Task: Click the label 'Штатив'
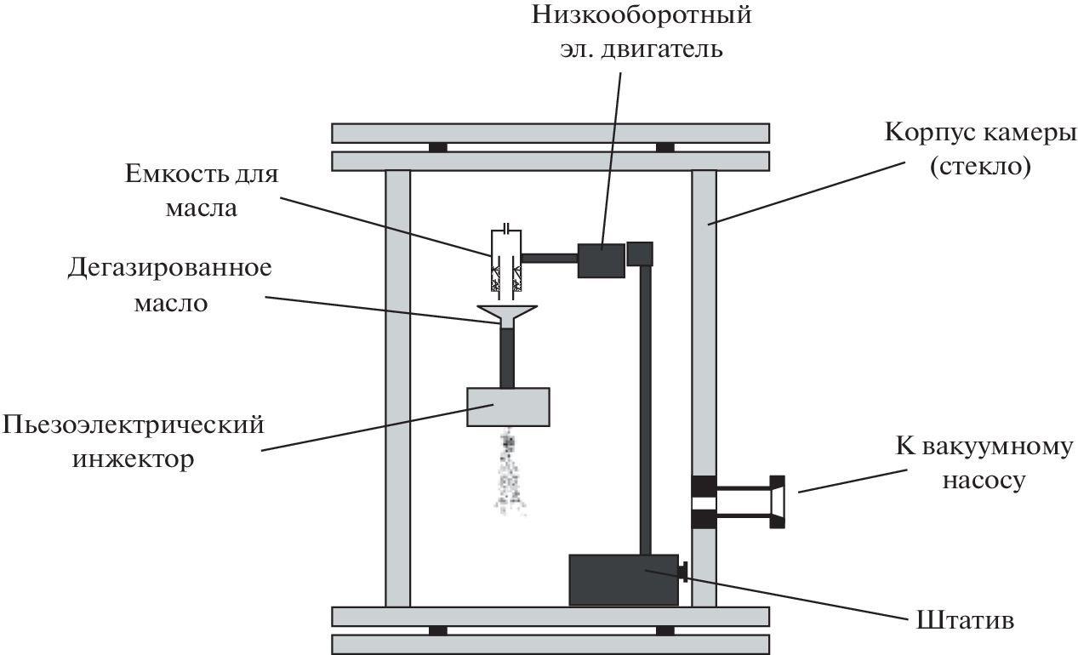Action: click(x=966, y=618)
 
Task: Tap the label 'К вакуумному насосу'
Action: click(x=984, y=464)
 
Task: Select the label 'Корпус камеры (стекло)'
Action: click(x=981, y=150)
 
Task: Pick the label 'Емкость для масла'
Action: click(x=200, y=191)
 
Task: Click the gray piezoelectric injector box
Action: click(x=508, y=407)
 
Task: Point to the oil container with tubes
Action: click(x=506, y=259)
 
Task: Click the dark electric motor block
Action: click(x=601, y=259)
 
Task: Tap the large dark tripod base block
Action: click(x=623, y=579)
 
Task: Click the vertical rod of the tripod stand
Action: click(x=646, y=408)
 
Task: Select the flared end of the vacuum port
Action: click(x=777, y=502)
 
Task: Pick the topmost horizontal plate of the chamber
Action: click(x=550, y=133)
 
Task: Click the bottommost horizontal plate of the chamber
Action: click(x=550, y=644)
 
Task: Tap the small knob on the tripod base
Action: click(x=682, y=572)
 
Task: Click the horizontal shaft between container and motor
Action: click(x=549, y=257)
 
